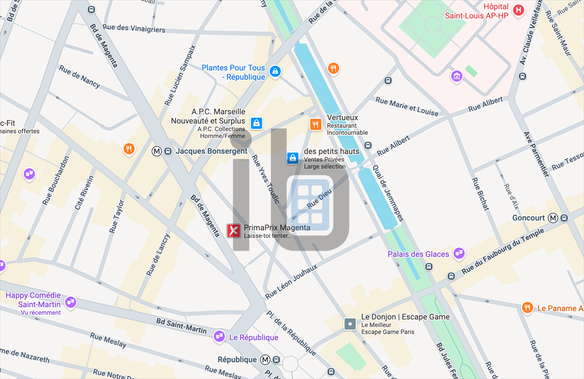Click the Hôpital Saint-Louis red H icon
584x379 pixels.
point(518,10)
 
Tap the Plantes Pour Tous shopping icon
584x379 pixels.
point(275,71)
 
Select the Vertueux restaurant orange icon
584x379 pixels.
point(315,124)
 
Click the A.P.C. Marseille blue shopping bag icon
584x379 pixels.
point(257,122)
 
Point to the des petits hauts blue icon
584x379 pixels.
point(293,158)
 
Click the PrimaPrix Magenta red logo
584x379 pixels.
point(234,231)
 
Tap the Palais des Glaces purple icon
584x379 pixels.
point(459,253)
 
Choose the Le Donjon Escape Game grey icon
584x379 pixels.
point(350,324)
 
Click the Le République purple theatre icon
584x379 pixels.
point(219,337)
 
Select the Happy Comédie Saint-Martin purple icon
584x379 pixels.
point(71,301)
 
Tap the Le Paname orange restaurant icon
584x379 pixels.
point(528,308)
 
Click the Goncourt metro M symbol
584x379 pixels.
point(553,218)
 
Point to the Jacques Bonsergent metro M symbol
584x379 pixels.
point(157,151)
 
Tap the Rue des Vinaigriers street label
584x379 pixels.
point(134,28)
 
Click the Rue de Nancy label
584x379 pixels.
point(79,76)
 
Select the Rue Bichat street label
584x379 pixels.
point(480,195)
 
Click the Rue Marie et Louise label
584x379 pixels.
point(407,106)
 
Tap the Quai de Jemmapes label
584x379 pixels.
point(388,193)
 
